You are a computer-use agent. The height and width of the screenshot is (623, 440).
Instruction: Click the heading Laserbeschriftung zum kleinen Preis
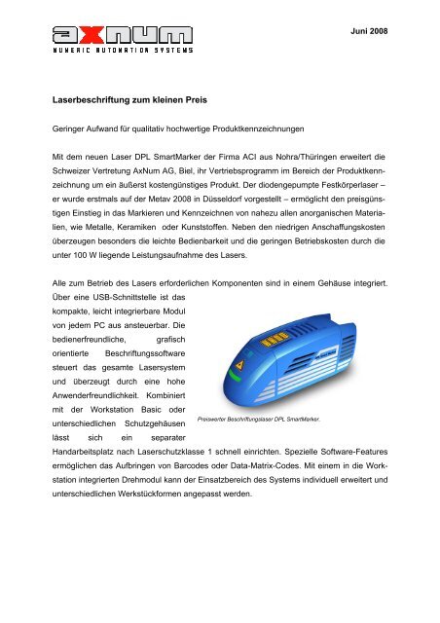[140, 99]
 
